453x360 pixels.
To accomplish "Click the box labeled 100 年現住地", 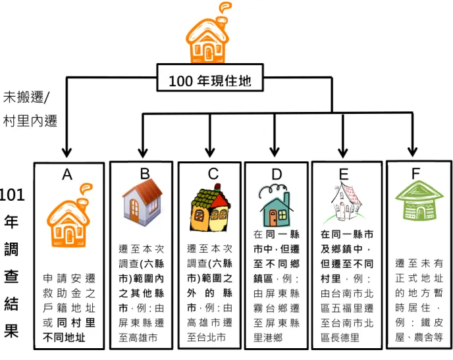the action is click(x=210, y=78).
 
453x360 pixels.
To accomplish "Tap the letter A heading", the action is click(x=67, y=174).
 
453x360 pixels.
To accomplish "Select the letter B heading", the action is click(x=145, y=174).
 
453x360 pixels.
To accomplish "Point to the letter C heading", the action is click(x=213, y=174).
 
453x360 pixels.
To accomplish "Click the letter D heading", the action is click(x=277, y=174).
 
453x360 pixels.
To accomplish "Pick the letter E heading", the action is click(x=344, y=174).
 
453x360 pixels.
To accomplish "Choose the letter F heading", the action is click(x=415, y=174).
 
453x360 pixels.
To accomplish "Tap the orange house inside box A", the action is click(x=69, y=215).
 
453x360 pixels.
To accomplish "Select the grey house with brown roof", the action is click(x=142, y=202).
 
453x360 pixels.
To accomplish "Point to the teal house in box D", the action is click(x=276, y=206).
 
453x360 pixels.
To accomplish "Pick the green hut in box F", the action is click(x=419, y=201).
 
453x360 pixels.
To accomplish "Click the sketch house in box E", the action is click(x=345, y=203).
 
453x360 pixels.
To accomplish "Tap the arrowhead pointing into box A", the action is click(x=67, y=152).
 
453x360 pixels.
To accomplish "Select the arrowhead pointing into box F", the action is click(x=412, y=152).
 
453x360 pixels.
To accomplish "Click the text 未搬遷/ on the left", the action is click(x=26, y=97).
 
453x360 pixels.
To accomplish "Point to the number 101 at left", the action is click(x=12, y=195).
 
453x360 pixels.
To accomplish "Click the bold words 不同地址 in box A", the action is click(x=64, y=337).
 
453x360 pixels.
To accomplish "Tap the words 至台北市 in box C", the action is click(x=206, y=337).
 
